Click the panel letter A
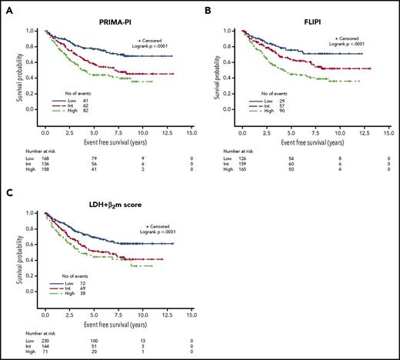click(5, 6)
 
